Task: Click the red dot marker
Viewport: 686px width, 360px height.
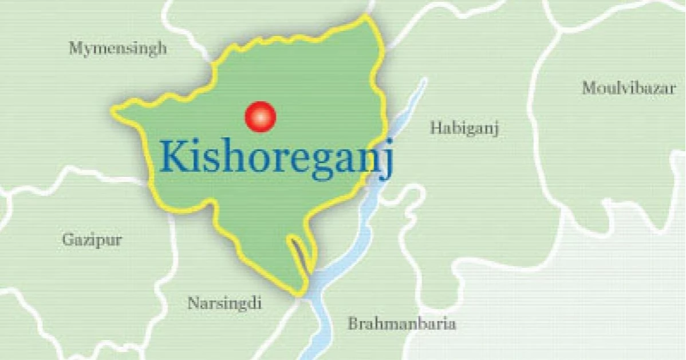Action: pos(260,116)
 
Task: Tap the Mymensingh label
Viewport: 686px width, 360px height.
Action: pos(118,48)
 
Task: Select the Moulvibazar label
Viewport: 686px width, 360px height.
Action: pos(629,88)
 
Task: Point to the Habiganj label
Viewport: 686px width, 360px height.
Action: pos(464,128)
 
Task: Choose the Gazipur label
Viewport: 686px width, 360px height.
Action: pos(92,240)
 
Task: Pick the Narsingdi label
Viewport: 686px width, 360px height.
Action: pos(224,303)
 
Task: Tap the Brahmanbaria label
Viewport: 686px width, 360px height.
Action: pos(402,324)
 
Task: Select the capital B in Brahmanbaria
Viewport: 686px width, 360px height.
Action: pos(353,324)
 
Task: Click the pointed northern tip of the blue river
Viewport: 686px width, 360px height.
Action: pos(424,80)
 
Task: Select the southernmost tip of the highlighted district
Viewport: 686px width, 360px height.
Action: pos(299,295)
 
